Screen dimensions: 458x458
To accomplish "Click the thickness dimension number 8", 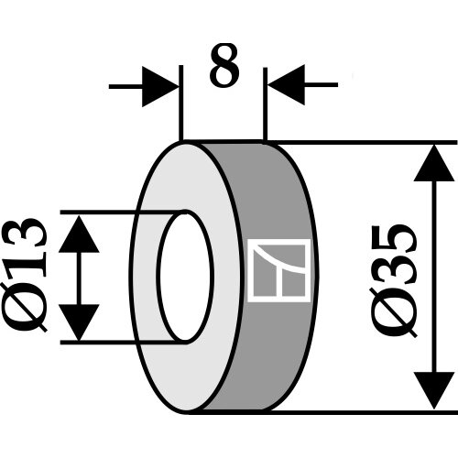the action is click(x=224, y=65).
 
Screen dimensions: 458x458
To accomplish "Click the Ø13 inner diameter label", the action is click(x=25, y=275).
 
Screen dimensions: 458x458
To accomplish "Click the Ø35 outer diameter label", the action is click(x=395, y=281).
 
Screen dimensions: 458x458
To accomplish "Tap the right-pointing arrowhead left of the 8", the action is click(x=160, y=87).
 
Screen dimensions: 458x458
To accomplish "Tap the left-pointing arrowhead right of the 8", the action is click(x=286, y=85).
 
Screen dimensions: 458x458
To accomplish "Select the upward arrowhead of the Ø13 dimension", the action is click(x=79, y=234).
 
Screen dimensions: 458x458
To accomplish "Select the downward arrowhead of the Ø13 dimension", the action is click(x=79, y=322).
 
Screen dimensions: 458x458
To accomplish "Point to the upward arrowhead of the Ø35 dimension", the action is click(x=434, y=163).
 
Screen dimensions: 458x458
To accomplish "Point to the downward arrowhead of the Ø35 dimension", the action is click(x=434, y=391).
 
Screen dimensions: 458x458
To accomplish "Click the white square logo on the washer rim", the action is click(x=279, y=271).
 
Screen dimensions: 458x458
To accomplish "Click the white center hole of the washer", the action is click(x=185, y=277).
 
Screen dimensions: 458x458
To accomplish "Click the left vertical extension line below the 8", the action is click(x=181, y=103).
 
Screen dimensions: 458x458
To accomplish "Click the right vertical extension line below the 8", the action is click(x=265, y=104).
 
